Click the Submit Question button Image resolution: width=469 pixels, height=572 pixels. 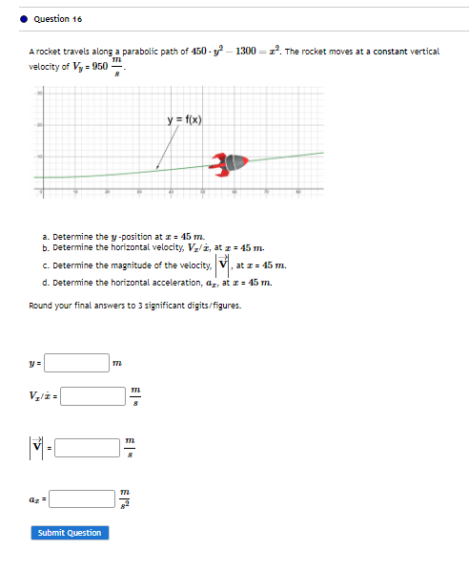(70, 532)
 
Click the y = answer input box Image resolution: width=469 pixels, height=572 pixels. (77, 363)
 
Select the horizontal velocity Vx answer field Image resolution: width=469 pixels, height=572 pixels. (94, 395)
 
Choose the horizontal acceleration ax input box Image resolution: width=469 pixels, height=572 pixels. (82, 498)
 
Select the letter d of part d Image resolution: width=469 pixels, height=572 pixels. (45, 283)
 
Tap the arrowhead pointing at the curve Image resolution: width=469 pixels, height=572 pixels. (158, 168)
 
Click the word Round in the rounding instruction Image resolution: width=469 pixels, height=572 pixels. (40, 306)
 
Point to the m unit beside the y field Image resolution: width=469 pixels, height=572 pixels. (117, 364)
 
